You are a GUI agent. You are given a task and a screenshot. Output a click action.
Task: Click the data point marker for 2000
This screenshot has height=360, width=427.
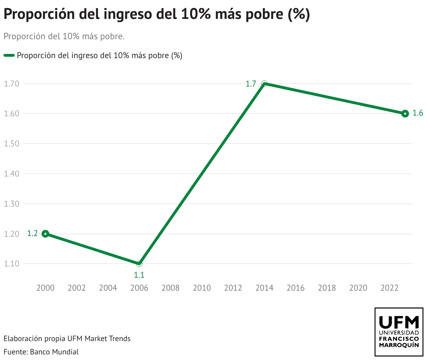(45, 234)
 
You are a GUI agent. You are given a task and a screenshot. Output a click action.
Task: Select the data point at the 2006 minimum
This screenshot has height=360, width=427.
(139, 263)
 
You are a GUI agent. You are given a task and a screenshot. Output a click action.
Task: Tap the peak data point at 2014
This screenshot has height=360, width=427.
(264, 84)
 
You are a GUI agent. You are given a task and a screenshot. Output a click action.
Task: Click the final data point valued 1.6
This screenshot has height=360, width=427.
(405, 113)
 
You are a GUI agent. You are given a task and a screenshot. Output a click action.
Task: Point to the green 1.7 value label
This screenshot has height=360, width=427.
(251, 84)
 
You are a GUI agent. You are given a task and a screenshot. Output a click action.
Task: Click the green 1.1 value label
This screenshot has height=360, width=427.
(139, 275)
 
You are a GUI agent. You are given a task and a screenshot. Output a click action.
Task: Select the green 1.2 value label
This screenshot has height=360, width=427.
(33, 234)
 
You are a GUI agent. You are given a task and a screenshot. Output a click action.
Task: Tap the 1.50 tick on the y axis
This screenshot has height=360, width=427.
(11, 144)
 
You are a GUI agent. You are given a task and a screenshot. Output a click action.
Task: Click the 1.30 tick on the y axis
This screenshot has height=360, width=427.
(11, 204)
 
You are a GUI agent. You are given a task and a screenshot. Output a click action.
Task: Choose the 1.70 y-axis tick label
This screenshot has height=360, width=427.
(11, 84)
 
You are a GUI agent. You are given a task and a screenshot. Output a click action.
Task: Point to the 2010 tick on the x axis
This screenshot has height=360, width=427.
(202, 288)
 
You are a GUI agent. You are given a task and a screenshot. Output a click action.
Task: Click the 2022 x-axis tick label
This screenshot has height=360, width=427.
(390, 288)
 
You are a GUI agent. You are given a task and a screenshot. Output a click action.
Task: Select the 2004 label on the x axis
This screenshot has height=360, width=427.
(108, 288)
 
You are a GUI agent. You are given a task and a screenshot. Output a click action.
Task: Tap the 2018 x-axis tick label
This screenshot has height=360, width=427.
(327, 288)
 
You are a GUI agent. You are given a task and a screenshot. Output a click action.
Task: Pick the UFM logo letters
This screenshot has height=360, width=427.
(399, 321)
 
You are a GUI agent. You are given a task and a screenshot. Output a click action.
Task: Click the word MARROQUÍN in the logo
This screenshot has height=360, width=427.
(399, 345)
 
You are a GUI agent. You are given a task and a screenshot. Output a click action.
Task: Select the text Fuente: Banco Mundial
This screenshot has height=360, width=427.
(41, 352)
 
